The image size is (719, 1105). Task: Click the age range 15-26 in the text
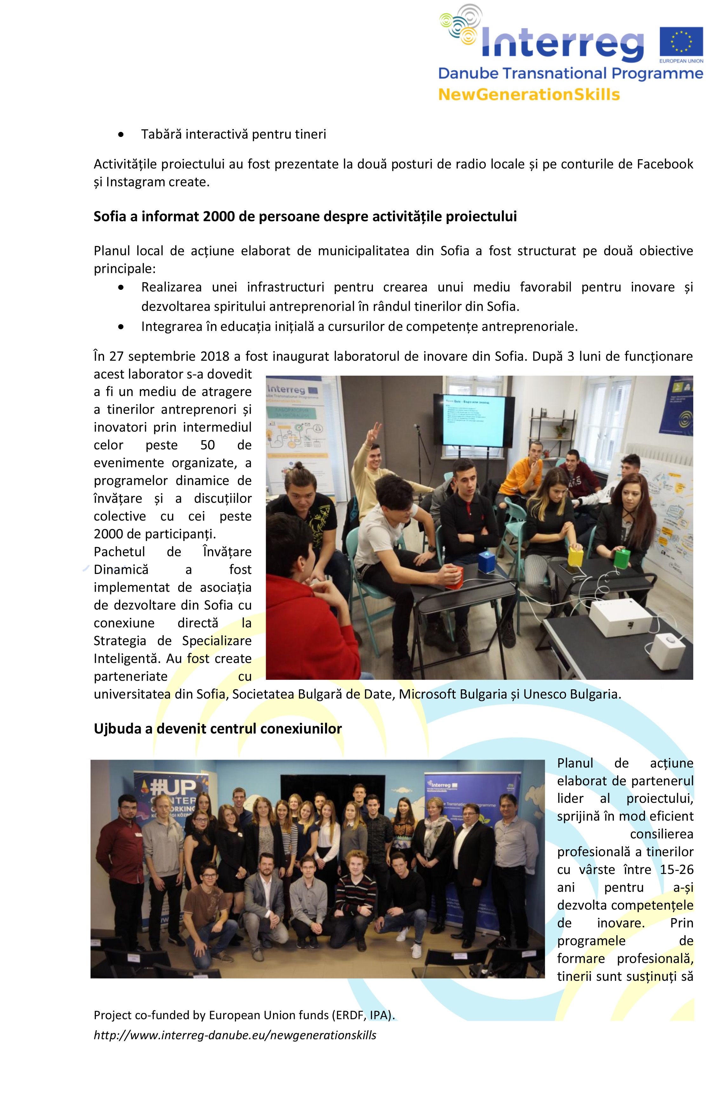676,869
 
